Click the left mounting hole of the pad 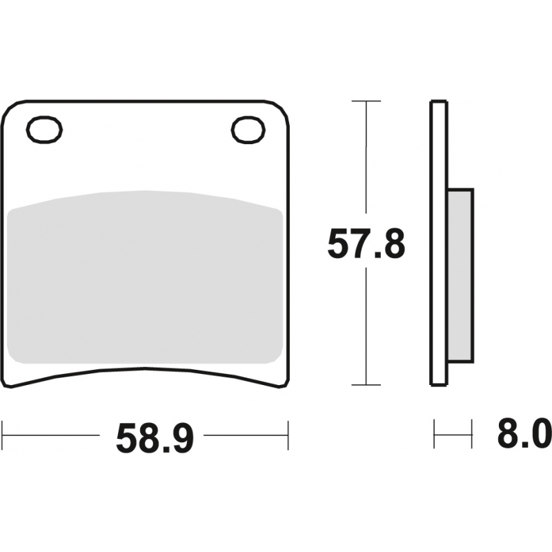coord(44,130)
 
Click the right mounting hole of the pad coord(248,130)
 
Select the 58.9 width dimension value coord(155,439)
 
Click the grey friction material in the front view coord(145,277)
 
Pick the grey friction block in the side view coord(460,275)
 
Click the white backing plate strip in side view coord(439,244)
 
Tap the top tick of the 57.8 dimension coord(366,101)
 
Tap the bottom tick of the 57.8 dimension coord(366,385)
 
